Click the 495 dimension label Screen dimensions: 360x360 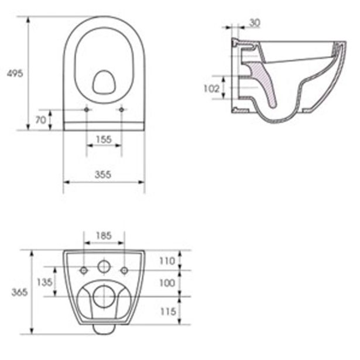pyautogui.click(x=15, y=74)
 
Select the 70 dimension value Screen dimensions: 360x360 pyautogui.click(x=40, y=121)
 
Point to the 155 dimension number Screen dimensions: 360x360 pyautogui.click(x=104, y=139)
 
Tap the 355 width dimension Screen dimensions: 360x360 pyautogui.click(x=104, y=174)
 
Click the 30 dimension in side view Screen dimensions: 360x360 pyautogui.click(x=255, y=23)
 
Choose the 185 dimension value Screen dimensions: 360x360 pyautogui.click(x=104, y=236)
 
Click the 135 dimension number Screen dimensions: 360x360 pyautogui.click(x=44, y=282)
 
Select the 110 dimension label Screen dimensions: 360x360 pyautogui.click(x=167, y=261)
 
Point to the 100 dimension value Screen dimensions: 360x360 pyautogui.click(x=167, y=283)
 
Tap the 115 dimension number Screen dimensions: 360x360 pyautogui.click(x=167, y=312)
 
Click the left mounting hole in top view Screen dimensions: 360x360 pyautogui.click(x=87, y=109)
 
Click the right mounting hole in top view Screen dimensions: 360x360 pyautogui.click(x=121, y=109)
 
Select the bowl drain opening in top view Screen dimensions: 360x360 pyautogui.click(x=104, y=83)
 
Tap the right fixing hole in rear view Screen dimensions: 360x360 pyautogui.click(x=124, y=270)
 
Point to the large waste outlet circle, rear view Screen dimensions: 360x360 pyautogui.click(x=104, y=297)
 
